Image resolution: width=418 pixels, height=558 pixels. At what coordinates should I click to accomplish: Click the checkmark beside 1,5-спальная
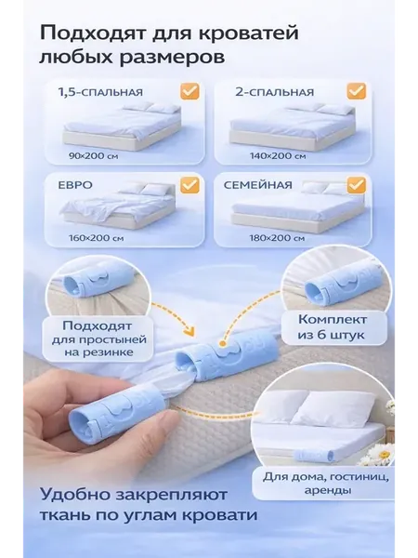coord(189,91)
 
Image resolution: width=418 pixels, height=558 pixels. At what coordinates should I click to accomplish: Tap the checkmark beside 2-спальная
coord(356,91)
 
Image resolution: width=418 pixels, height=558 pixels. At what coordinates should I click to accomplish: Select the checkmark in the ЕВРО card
coord(189,185)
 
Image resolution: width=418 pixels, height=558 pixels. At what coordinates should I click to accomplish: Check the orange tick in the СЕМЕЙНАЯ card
coord(356,185)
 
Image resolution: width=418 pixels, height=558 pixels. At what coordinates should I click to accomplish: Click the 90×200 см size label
coord(94,156)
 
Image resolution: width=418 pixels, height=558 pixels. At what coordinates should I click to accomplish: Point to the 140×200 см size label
coord(278,156)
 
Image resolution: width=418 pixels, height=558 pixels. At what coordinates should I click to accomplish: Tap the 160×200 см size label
coord(97,238)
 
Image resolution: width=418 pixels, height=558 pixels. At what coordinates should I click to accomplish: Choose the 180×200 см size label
coord(277,238)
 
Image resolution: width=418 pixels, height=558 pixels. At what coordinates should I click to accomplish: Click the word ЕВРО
coord(75,185)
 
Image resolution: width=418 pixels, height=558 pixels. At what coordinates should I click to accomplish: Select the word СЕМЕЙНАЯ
coord(258,185)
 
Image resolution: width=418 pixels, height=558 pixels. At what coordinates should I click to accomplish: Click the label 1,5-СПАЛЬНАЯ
coord(100,92)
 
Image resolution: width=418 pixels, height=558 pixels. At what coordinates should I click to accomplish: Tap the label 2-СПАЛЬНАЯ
coord(274,92)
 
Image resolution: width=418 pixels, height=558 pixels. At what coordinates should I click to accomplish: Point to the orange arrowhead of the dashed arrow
coord(190,333)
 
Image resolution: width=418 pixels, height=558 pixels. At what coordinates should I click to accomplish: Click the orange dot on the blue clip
coord(223,344)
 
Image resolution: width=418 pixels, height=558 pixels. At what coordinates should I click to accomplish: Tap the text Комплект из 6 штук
coord(332,327)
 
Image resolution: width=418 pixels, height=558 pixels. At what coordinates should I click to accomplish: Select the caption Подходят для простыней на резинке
coord(99,339)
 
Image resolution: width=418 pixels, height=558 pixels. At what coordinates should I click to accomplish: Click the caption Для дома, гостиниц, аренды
coord(326,484)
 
